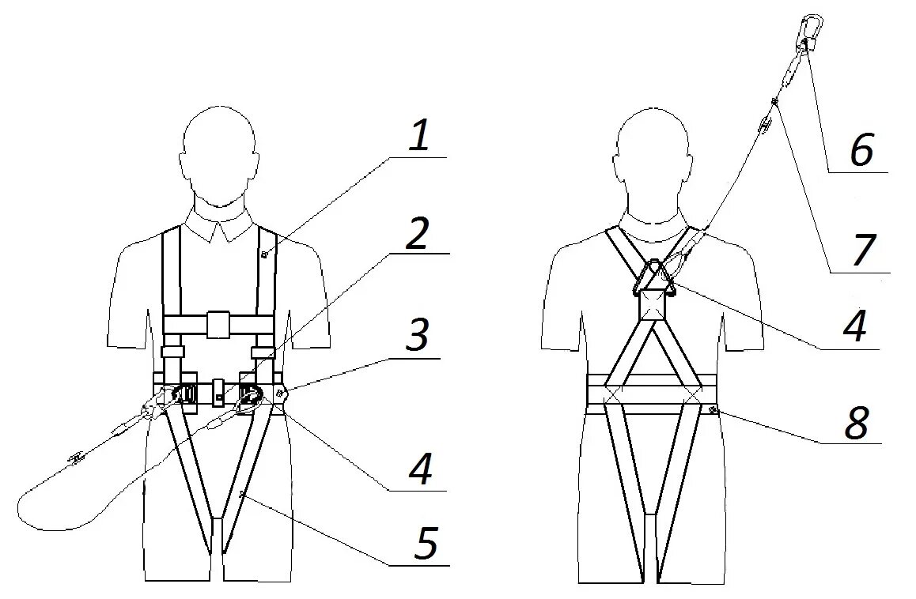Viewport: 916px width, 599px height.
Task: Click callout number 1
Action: [419, 137]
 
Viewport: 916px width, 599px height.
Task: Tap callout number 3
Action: [416, 334]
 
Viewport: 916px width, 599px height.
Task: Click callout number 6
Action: [861, 150]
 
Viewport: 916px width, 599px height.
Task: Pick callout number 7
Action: [864, 250]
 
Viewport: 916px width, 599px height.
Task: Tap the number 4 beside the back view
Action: [854, 327]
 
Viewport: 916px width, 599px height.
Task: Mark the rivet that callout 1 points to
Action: [265, 254]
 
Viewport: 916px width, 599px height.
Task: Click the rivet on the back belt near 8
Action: [713, 409]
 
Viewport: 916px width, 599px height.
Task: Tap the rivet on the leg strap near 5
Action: [242, 494]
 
